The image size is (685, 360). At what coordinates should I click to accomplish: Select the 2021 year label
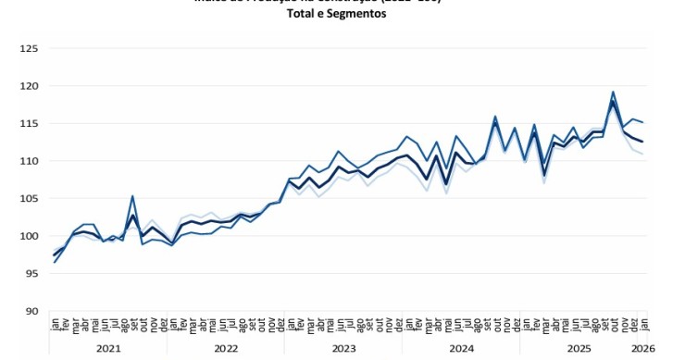tap(109, 348)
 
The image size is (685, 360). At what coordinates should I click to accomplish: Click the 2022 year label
tap(226, 348)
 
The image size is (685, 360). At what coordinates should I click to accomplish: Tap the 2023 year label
tap(343, 348)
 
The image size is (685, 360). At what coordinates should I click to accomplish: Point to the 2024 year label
tap(460, 348)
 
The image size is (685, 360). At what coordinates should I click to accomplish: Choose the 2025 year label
tap(578, 348)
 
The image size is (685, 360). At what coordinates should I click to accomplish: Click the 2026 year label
tap(643, 348)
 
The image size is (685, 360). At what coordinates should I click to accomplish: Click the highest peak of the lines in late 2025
tap(613, 92)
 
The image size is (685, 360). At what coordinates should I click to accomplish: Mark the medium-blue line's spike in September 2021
tap(133, 196)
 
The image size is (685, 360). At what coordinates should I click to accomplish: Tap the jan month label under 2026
tap(643, 323)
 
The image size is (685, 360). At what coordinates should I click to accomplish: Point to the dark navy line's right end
tap(643, 142)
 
